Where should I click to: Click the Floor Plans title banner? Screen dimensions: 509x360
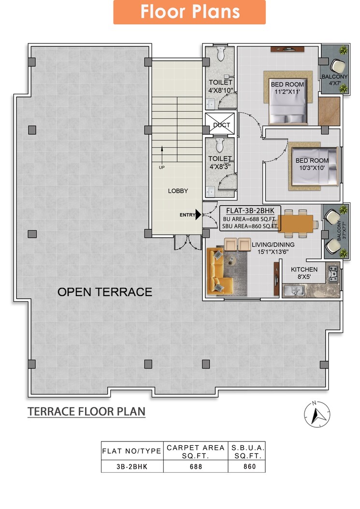tap(189, 12)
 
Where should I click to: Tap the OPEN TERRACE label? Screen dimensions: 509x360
tap(105, 292)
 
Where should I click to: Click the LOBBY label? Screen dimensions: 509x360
tap(178, 191)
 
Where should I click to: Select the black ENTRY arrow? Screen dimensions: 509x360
tap(198, 215)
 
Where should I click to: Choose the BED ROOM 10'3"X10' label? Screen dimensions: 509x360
tap(312, 164)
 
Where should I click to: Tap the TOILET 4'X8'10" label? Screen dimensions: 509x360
tap(220, 86)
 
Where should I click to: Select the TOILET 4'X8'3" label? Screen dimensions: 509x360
tap(220, 162)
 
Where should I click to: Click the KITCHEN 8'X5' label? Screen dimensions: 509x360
tap(304, 273)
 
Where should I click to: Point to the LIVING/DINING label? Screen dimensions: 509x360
tap(273, 248)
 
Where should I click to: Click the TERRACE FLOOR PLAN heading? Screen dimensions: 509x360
tap(86, 411)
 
